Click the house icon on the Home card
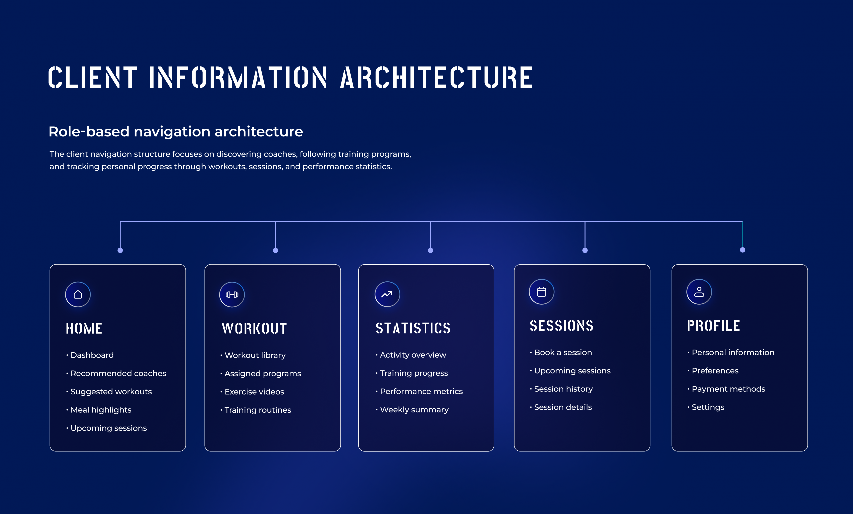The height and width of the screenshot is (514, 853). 78,294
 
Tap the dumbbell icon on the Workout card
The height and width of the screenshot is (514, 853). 232,294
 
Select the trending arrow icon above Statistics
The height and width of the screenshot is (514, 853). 387,294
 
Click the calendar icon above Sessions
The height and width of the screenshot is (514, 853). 542,292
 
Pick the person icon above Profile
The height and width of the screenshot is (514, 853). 699,292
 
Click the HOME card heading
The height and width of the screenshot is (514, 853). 84,328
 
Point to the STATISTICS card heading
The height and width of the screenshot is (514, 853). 413,328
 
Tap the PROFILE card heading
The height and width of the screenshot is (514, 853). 713,326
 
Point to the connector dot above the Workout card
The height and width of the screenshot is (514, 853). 275,250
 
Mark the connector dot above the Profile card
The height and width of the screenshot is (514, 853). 743,250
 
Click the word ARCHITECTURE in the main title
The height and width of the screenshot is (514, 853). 436,77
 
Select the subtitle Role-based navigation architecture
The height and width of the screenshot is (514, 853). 176,132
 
